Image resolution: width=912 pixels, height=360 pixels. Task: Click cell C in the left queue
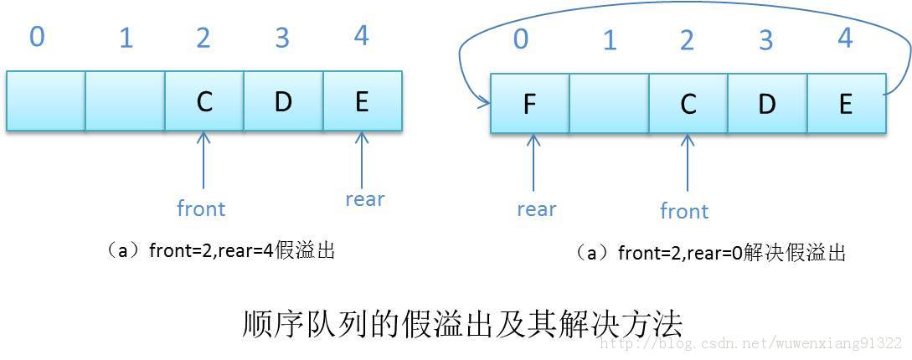204,101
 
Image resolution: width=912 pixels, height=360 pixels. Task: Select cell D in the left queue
283,101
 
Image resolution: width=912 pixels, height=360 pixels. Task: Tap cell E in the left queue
362,101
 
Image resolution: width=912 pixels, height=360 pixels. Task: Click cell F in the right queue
529,105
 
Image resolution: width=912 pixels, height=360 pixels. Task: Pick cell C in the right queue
688,105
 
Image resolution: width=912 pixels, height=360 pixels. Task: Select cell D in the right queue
767,105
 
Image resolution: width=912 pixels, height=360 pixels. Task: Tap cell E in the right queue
845,105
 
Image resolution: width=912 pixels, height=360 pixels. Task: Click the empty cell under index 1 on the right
609,105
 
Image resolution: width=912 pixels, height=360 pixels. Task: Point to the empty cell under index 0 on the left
46,101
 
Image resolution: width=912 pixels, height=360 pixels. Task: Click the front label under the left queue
201,208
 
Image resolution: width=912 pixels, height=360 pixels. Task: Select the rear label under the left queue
364,199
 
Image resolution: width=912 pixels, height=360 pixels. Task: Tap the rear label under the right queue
536,209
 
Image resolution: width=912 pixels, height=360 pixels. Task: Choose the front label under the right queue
684,211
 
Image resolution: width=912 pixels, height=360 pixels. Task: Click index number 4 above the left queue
361,37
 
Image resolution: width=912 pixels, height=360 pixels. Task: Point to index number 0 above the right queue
521,39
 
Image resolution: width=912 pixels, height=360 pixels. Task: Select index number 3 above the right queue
765,40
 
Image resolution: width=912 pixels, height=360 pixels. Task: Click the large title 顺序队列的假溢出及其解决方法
462,322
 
